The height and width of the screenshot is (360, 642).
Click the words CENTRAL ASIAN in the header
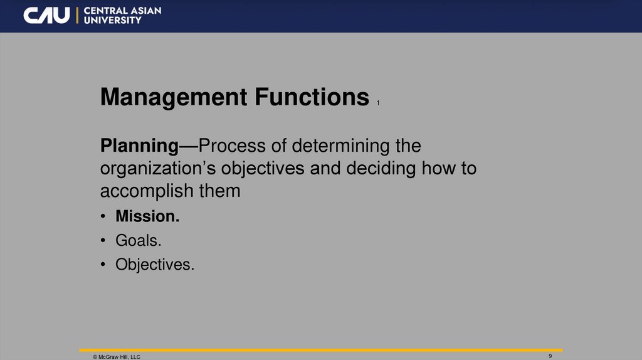pyautogui.click(x=122, y=11)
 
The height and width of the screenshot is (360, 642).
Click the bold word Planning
pyautogui.click(x=139, y=147)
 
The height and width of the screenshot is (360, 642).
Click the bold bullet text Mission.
pyautogui.click(x=147, y=216)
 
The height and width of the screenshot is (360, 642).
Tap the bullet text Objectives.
pyautogui.click(x=155, y=265)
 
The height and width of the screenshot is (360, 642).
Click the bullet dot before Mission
pyautogui.click(x=103, y=217)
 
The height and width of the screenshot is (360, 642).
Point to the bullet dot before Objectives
pyautogui.click(x=103, y=265)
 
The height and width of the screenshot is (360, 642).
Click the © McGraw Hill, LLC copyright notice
pyautogui.click(x=117, y=356)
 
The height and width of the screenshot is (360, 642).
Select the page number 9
pyautogui.click(x=550, y=356)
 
